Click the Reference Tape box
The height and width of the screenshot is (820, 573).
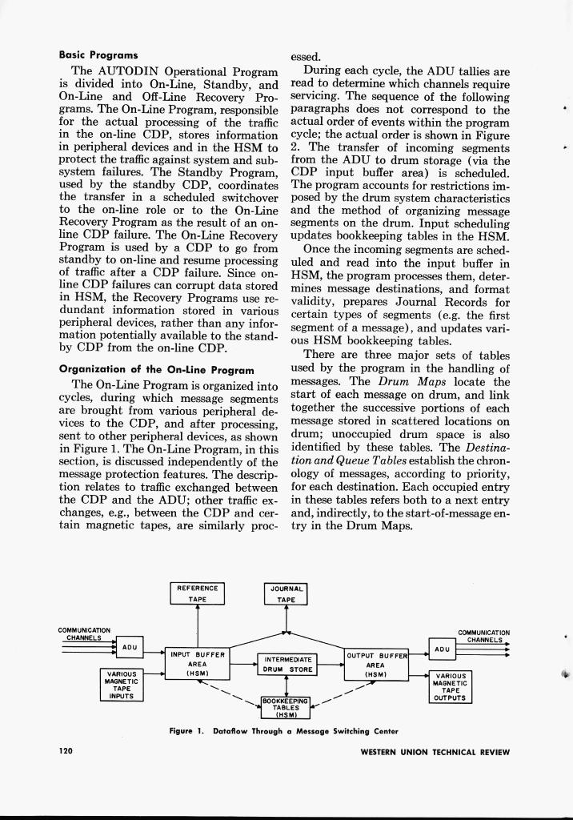click(198, 593)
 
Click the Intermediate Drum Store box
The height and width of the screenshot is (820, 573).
click(287, 664)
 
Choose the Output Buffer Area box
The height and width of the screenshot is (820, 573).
click(376, 664)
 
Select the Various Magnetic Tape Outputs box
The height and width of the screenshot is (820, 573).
click(449, 686)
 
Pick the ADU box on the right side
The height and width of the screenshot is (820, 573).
click(442, 650)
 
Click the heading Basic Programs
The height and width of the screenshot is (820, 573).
click(98, 55)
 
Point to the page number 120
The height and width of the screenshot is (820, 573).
click(68, 751)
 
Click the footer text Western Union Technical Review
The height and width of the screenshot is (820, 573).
click(435, 752)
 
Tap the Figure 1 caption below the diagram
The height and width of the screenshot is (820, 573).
click(283, 730)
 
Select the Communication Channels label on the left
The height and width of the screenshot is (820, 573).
click(84, 633)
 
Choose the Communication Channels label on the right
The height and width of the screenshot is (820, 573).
click(484, 636)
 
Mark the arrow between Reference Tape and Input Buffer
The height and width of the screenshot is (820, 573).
click(198, 625)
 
